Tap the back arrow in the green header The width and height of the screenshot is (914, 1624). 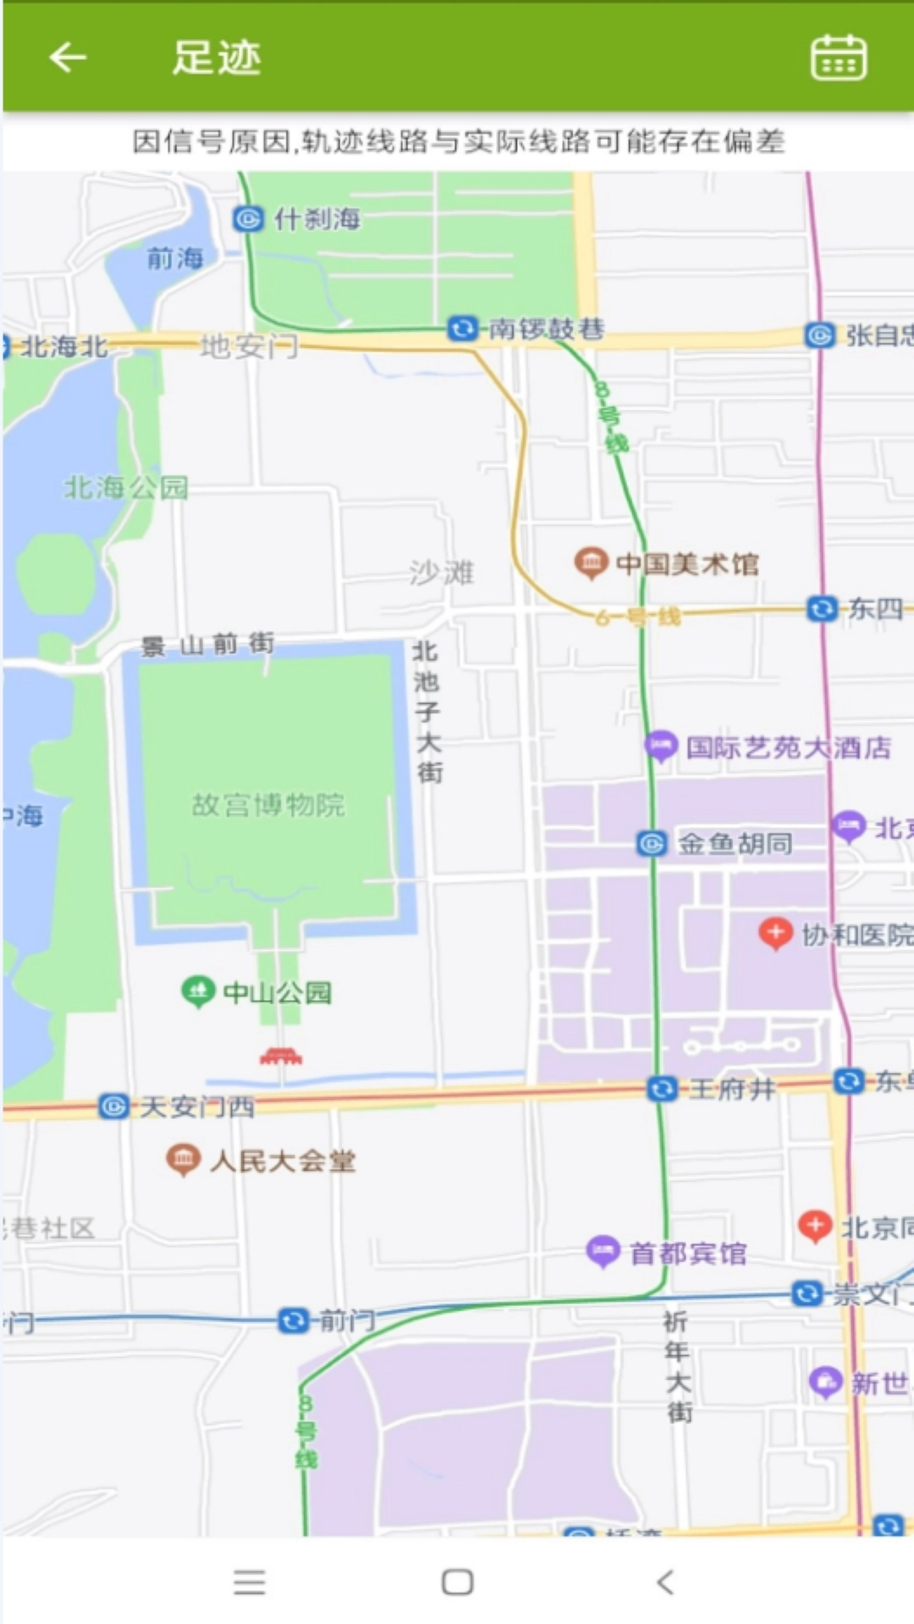tap(68, 58)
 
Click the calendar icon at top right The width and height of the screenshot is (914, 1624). tap(838, 58)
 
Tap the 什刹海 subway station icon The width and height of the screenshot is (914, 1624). tap(248, 219)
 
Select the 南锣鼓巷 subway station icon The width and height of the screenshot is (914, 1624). tap(462, 327)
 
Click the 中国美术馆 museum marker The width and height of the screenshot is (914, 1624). tap(592, 562)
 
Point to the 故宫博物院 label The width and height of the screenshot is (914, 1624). tap(268, 804)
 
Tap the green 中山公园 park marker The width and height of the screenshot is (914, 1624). tap(198, 991)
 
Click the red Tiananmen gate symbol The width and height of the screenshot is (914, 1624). tap(281, 1056)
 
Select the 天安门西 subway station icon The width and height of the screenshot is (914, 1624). tap(114, 1106)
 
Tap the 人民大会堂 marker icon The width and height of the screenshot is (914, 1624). tap(183, 1160)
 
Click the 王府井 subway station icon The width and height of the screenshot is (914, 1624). tap(661, 1089)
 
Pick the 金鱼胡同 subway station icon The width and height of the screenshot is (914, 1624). tap(652, 843)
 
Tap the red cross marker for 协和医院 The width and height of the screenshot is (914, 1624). tap(775, 933)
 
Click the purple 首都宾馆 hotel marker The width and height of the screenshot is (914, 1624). tap(603, 1251)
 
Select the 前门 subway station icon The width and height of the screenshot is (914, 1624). tap(293, 1319)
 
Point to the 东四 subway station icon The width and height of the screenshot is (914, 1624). tap(821, 608)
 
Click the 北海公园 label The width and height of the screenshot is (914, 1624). tap(126, 487)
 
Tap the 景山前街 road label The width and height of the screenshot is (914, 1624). tap(208, 645)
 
